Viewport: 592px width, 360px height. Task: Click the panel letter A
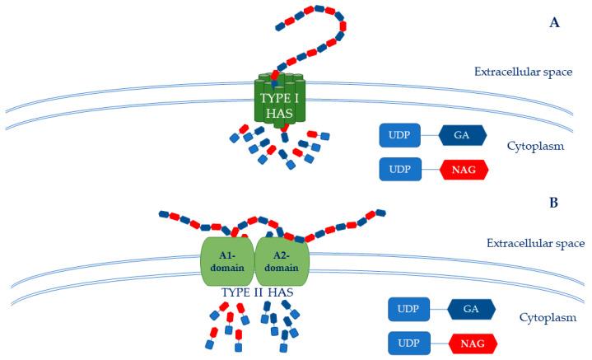pyautogui.click(x=554, y=24)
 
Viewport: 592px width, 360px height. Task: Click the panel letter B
pyautogui.click(x=554, y=200)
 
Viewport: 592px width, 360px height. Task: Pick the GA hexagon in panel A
pyautogui.click(x=463, y=135)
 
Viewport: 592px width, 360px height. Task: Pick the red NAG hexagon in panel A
pyautogui.click(x=463, y=169)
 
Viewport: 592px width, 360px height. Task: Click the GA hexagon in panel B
pyautogui.click(x=471, y=310)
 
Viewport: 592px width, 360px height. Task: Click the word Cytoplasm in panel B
pyautogui.click(x=546, y=317)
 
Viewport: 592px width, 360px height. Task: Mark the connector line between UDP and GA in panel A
pyautogui.click(x=429, y=135)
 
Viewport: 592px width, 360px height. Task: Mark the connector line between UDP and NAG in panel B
pyautogui.click(x=438, y=342)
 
